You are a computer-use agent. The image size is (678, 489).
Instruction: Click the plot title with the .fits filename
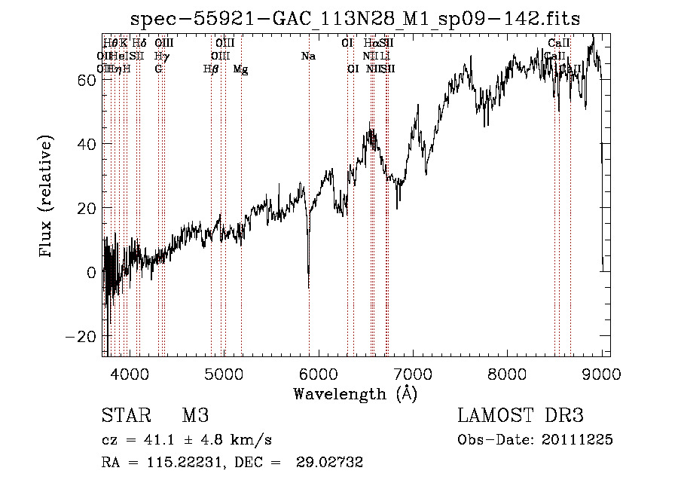356,19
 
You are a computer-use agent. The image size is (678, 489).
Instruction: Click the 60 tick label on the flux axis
88,79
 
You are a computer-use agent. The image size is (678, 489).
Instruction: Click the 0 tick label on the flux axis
93,272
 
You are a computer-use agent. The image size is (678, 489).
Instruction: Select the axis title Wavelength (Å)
356,393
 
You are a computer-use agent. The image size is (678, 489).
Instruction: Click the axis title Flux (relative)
47,197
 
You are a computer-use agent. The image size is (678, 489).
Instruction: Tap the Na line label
308,57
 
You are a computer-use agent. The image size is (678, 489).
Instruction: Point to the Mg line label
241,69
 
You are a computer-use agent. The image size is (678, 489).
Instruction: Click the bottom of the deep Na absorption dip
308,286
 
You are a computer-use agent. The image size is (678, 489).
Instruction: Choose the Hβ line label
211,69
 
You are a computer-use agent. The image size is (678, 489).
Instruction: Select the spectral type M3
195,417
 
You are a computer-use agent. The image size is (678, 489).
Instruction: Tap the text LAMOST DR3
521,417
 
